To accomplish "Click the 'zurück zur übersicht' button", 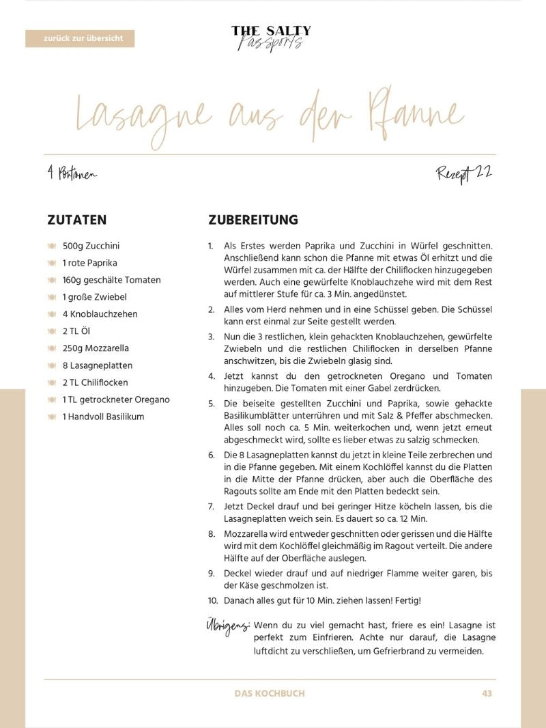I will [x=80, y=39].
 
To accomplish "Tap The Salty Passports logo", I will [x=271, y=38].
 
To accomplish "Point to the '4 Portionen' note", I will [x=72, y=174].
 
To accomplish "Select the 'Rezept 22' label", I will [x=464, y=173].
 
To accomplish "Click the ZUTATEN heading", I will [x=77, y=220].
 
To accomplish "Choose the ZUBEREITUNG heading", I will [x=253, y=220].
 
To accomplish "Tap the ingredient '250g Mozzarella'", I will [x=96, y=348].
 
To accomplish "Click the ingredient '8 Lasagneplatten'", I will [x=98, y=365].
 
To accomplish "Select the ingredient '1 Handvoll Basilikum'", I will [x=103, y=417].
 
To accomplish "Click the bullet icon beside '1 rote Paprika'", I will [x=52, y=263].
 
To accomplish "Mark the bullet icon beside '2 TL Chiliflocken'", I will [x=52, y=382].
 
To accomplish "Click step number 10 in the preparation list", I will [x=213, y=601].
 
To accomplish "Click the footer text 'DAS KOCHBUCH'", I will [x=270, y=693].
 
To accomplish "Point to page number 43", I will [x=487, y=693].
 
